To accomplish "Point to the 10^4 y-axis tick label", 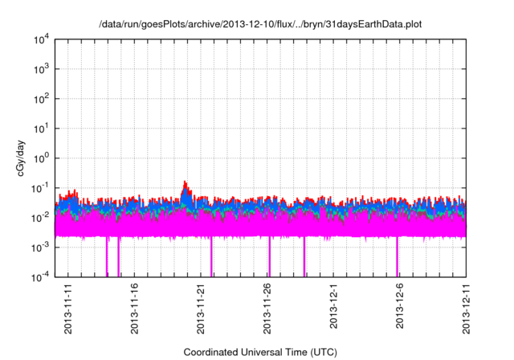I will (41, 39).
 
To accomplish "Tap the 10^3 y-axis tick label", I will (41, 69).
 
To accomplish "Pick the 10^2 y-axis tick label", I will (41, 99).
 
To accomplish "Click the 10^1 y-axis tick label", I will (41, 128).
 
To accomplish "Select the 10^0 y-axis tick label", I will (41, 157).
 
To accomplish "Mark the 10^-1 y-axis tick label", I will (40, 187).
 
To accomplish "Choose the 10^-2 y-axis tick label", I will (40, 217).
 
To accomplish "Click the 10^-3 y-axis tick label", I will (40, 247).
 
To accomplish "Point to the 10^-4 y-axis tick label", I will (40, 276).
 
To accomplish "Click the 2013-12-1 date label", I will (334, 307).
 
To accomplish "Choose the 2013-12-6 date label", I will (400, 307).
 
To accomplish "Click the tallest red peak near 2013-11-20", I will (186, 182).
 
